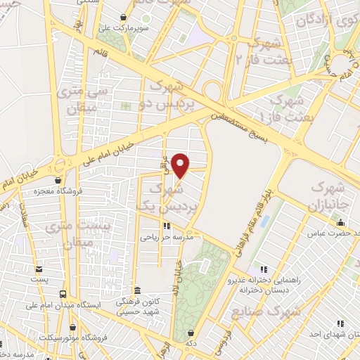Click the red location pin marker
click(x=181, y=166)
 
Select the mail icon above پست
click(x=39, y=269)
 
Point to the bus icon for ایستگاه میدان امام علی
click(x=64, y=295)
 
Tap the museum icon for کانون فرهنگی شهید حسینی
click(x=137, y=290)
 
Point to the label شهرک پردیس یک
click(x=176, y=198)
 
